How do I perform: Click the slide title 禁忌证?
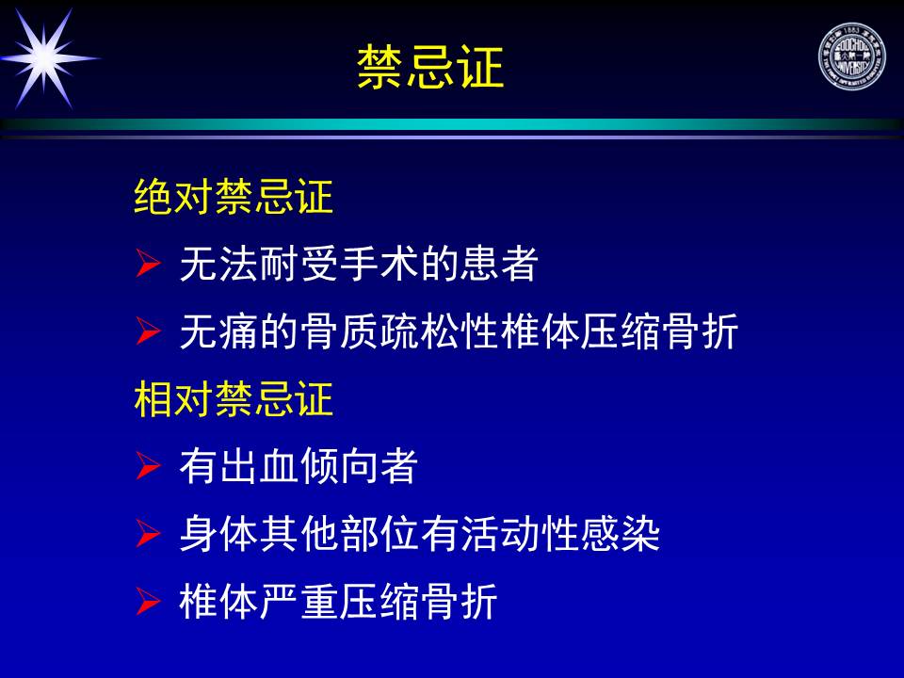tap(430, 68)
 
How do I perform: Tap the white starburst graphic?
tap(45, 58)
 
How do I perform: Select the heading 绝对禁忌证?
tap(234, 197)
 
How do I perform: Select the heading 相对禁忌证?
tap(234, 399)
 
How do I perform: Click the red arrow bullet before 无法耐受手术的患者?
tap(148, 263)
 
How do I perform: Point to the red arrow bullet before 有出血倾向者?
tap(148, 466)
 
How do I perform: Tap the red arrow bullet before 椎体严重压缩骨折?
tap(148, 602)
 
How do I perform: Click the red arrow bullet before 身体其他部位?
tap(148, 533)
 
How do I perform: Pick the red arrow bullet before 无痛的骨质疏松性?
tap(148, 331)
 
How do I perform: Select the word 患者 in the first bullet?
tap(499, 264)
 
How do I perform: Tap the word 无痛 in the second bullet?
tap(219, 331)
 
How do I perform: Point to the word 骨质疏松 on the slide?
tap(379, 331)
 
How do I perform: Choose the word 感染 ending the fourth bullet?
tap(620, 534)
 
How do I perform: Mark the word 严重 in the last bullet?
tap(299, 602)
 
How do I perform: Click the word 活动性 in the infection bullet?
tap(520, 534)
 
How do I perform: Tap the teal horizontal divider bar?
tap(452, 124)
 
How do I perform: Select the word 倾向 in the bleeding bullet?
tap(339, 466)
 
